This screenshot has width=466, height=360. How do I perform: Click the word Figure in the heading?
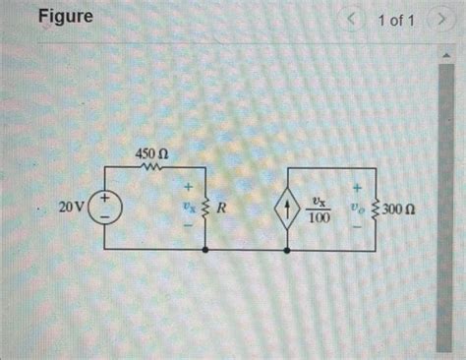coord(67,18)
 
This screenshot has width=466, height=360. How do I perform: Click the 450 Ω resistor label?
coord(150,153)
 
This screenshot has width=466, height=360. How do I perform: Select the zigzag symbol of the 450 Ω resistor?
coord(150,169)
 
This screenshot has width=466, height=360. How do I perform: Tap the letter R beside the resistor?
coord(222,209)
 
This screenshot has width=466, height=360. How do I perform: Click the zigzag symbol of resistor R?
coord(204,209)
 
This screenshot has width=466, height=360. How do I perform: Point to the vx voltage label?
coord(186,209)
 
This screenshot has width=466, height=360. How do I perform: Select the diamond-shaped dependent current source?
coord(286,209)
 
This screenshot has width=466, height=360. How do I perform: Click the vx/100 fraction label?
coord(317,209)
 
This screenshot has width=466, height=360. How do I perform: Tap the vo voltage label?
coord(355,209)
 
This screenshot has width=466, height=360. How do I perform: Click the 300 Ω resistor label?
coord(402,210)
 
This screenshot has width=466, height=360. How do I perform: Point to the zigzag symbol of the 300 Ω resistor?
coord(376,209)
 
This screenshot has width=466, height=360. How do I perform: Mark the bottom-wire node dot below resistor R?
coord(204,250)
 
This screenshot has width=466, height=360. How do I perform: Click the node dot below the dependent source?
coord(286,250)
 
